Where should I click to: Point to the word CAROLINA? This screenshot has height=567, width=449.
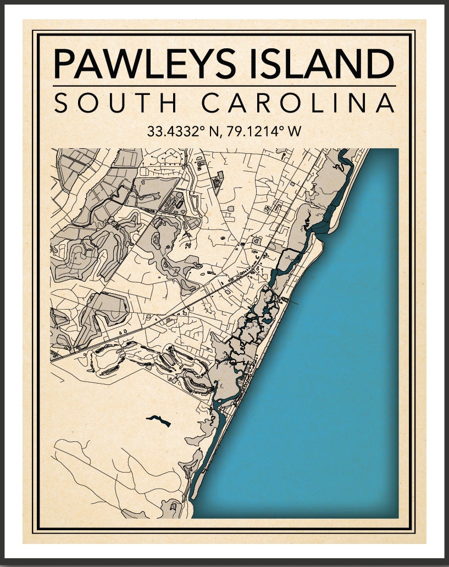pyautogui.click(x=297, y=104)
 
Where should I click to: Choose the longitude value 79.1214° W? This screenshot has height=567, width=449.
pyautogui.click(x=263, y=132)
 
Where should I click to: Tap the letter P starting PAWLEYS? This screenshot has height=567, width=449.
pyautogui.click(x=64, y=64)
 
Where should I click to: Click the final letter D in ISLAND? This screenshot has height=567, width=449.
pyautogui.click(x=381, y=64)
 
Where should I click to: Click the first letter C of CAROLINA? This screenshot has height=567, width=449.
pyautogui.click(x=211, y=104)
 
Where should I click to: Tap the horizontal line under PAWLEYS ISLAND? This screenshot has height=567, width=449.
pyautogui.click(x=224, y=86)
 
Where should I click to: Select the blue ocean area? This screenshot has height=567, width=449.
pyautogui.click(x=319, y=384)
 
